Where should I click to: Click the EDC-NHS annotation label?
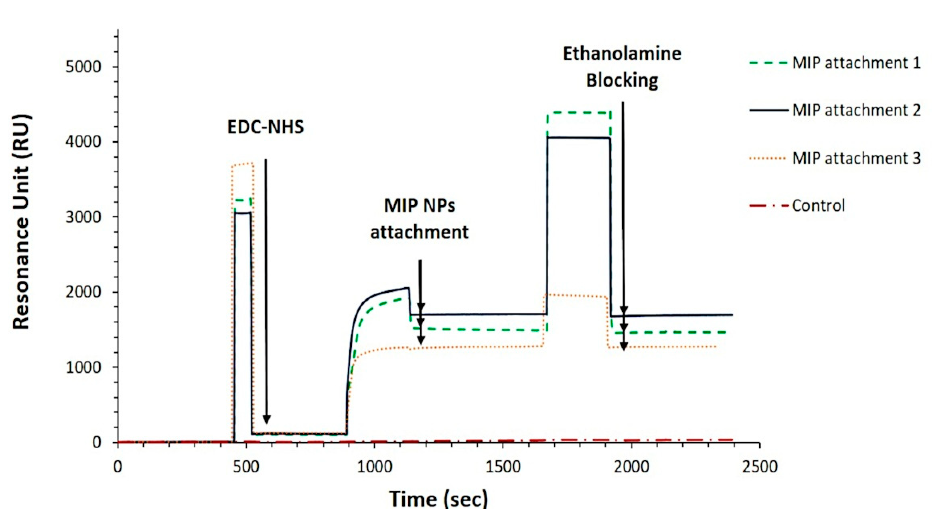[265, 127]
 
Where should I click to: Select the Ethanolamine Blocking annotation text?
[622, 67]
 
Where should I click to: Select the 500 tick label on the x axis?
[246, 467]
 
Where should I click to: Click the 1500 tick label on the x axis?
[503, 467]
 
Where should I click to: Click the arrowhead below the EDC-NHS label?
[266, 420]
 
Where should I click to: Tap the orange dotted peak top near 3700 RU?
[243, 164]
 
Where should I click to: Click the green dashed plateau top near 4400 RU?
[579, 113]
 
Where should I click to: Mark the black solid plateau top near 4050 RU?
[579, 138]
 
